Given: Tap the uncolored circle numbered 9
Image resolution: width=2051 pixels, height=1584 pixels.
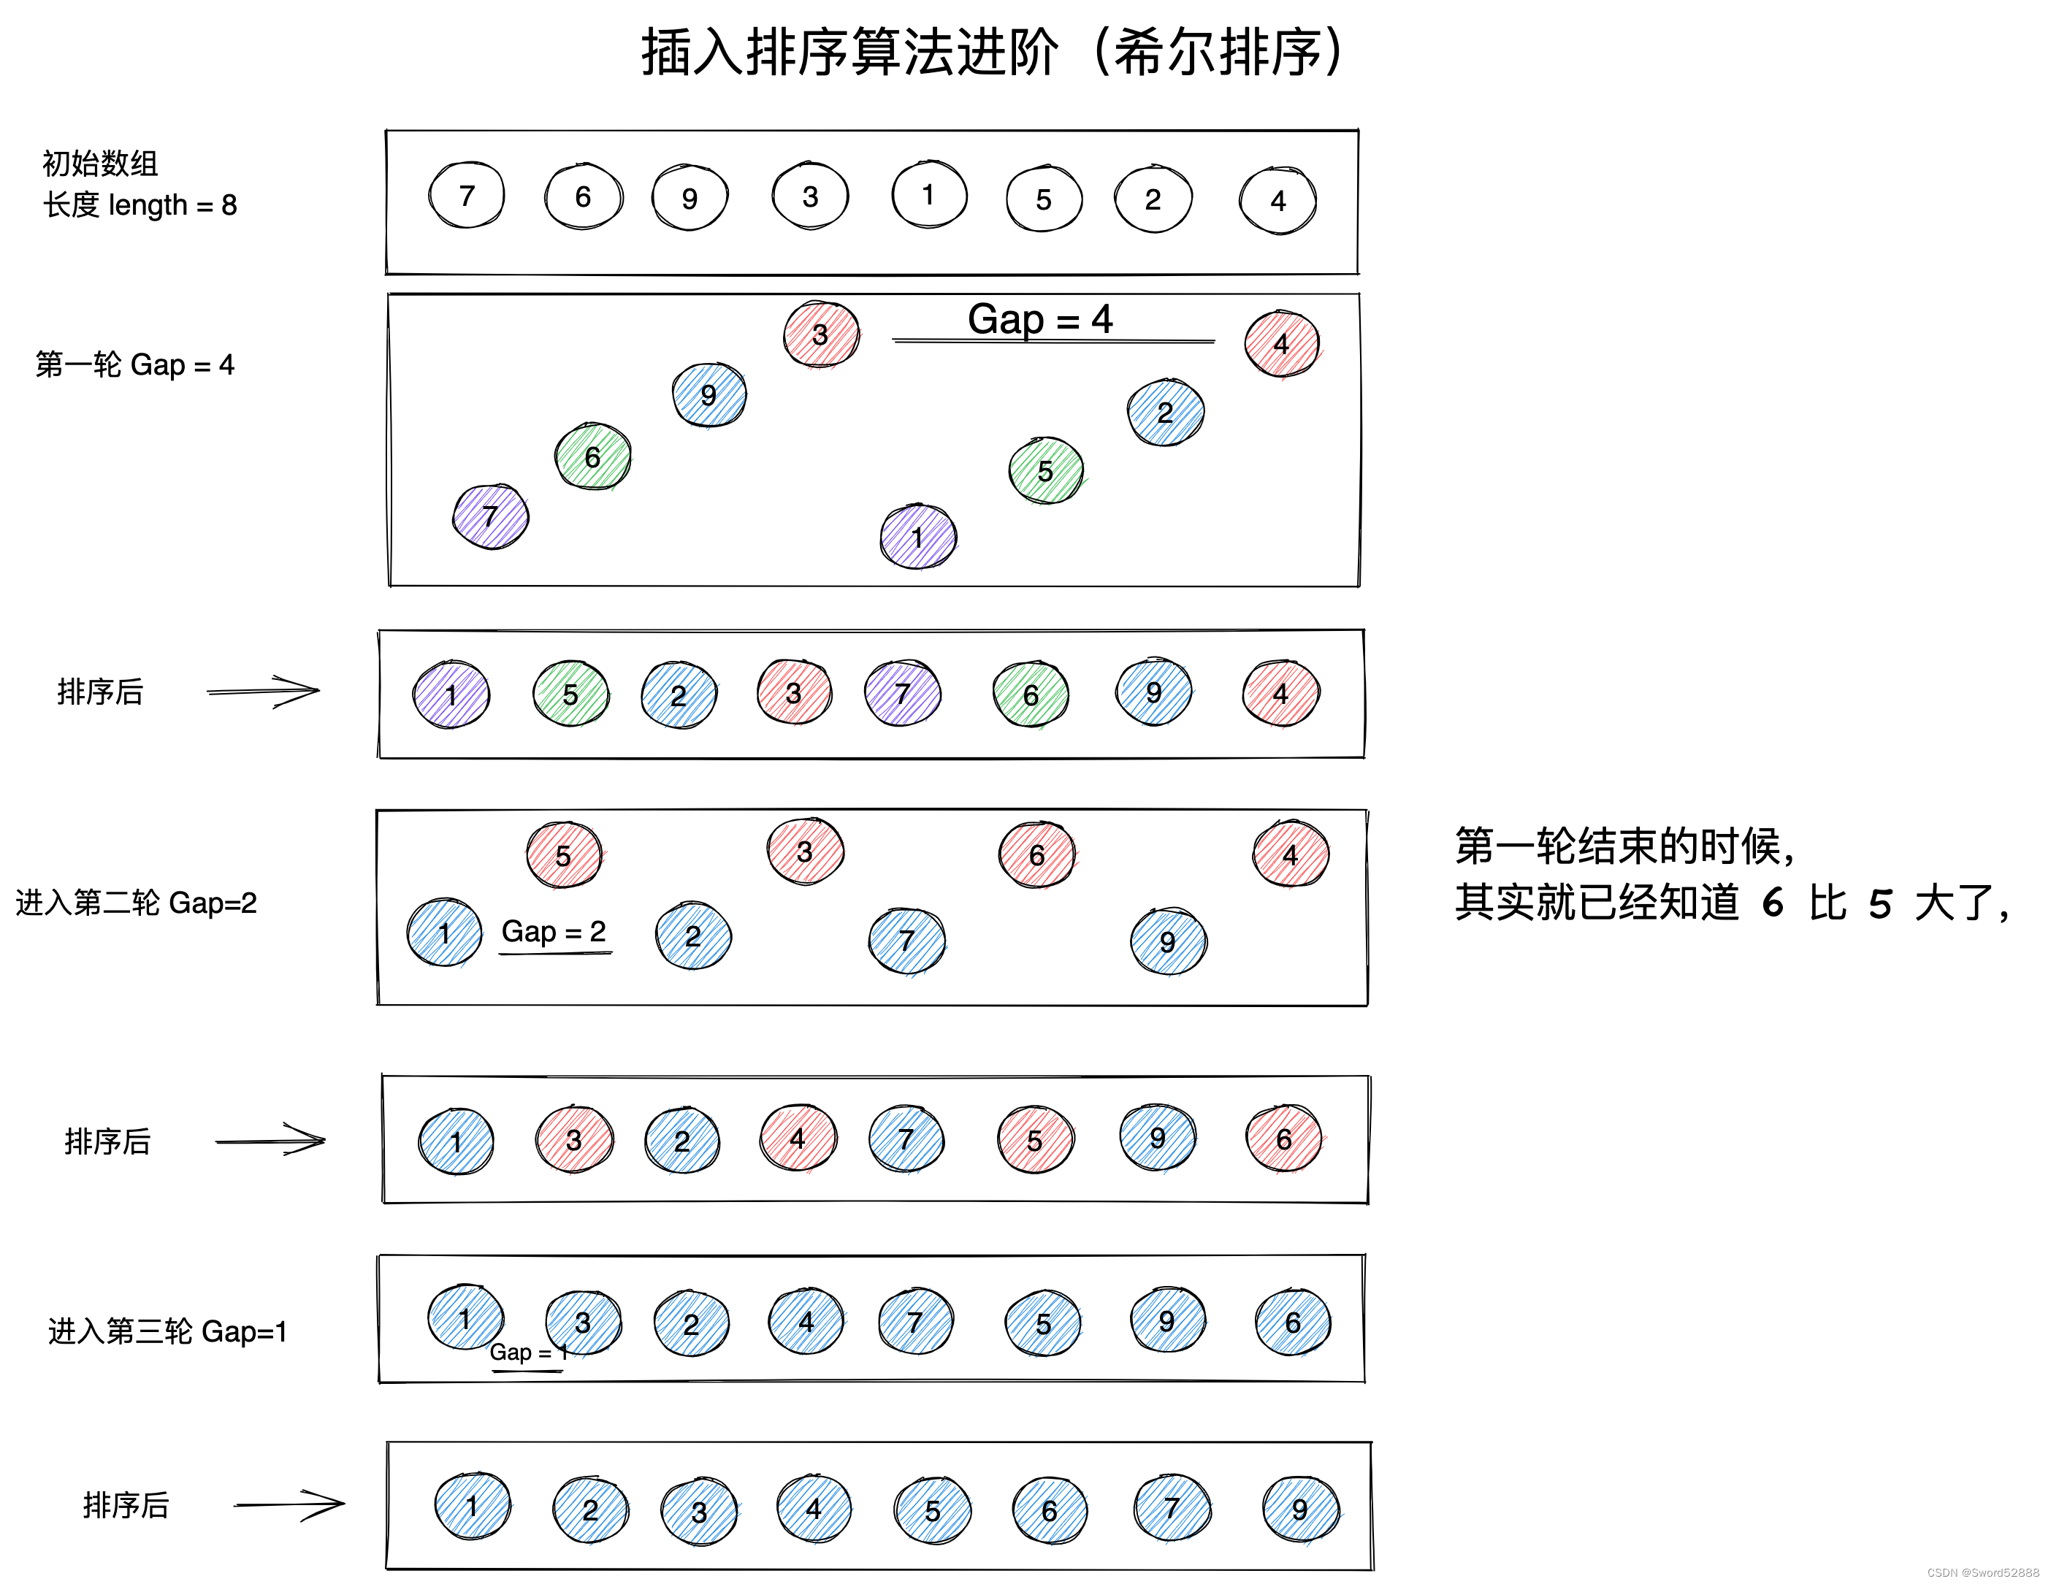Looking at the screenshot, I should [x=690, y=198].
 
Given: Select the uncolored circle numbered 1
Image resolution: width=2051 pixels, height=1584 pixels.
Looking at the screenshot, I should [x=929, y=194].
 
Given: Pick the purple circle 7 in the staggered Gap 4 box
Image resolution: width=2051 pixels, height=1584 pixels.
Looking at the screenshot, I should [x=490, y=516].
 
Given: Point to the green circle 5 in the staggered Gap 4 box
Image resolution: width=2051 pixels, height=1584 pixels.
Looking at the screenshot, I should [x=1046, y=470].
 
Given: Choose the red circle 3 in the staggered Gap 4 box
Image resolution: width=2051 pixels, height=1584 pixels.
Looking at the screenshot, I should [x=821, y=334].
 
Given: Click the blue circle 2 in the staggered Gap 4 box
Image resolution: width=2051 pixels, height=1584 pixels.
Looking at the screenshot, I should [x=1166, y=412].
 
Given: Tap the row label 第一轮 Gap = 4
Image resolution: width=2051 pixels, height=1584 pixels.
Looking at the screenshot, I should [x=135, y=364].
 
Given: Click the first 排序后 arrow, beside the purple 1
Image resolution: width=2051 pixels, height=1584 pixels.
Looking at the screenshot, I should [x=264, y=692].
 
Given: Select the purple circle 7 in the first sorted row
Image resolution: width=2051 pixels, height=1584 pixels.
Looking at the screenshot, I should [x=903, y=694].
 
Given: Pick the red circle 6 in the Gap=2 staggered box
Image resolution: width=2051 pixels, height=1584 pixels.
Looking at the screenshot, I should [x=1036, y=855].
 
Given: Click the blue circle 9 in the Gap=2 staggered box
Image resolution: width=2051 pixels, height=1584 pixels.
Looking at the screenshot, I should [x=1168, y=942].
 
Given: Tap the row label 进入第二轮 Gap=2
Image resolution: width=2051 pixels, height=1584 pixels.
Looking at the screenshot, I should [x=136, y=903].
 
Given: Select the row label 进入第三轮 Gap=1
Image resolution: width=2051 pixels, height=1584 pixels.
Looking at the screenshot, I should [x=167, y=1331].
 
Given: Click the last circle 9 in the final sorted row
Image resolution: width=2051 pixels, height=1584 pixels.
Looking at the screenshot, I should [x=1301, y=1510].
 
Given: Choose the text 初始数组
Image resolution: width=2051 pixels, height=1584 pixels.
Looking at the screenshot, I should [x=101, y=164].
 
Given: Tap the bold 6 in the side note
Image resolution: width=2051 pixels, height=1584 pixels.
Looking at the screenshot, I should [x=1773, y=903].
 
